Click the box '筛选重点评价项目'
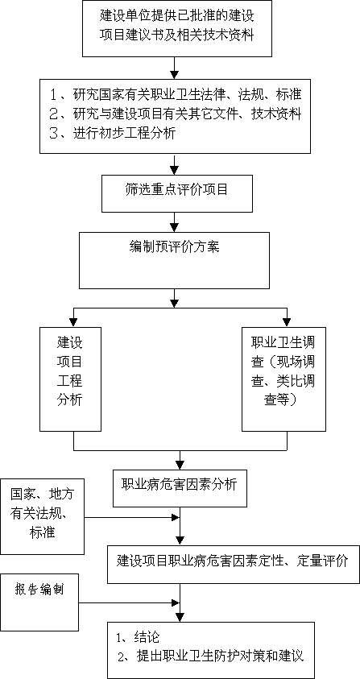pyautogui.click(x=177, y=193)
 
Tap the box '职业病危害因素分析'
pyautogui.click(x=180, y=488)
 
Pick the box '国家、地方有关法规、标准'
pyautogui.click(x=43, y=516)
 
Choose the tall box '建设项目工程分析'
pyautogui.click(x=70, y=379)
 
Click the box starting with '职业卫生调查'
pyautogui.click(x=283, y=379)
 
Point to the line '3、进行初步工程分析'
pyautogui.click(x=113, y=134)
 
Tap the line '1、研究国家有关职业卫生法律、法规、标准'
pyautogui.click(x=175, y=94)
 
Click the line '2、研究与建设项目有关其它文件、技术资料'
pyautogui.click(x=175, y=114)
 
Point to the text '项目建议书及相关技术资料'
pyautogui.click(x=176, y=35)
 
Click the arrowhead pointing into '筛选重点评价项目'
pyautogui.click(x=174, y=170)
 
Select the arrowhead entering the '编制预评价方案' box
pyautogui.click(x=174, y=227)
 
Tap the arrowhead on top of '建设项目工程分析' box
pyautogui.click(x=73, y=322)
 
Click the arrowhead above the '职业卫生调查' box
pyautogui.click(x=287, y=322)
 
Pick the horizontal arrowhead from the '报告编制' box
pyautogui.click(x=176, y=602)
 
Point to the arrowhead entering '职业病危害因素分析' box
pyautogui.click(x=180, y=465)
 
